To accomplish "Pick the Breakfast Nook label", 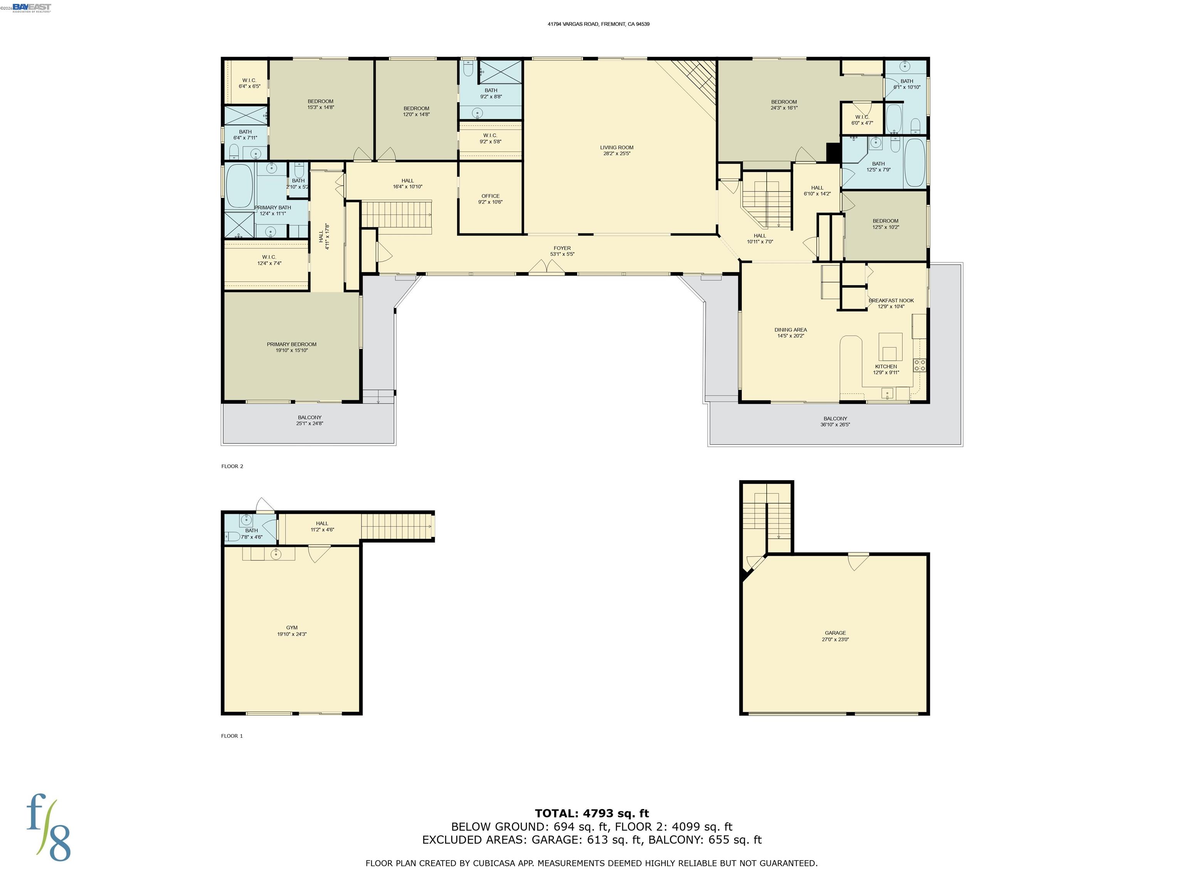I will pos(891,301).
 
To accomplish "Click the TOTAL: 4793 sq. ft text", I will pos(592,814).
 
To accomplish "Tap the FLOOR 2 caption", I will pos(232,466).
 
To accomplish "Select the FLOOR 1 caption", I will pos(232,736).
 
